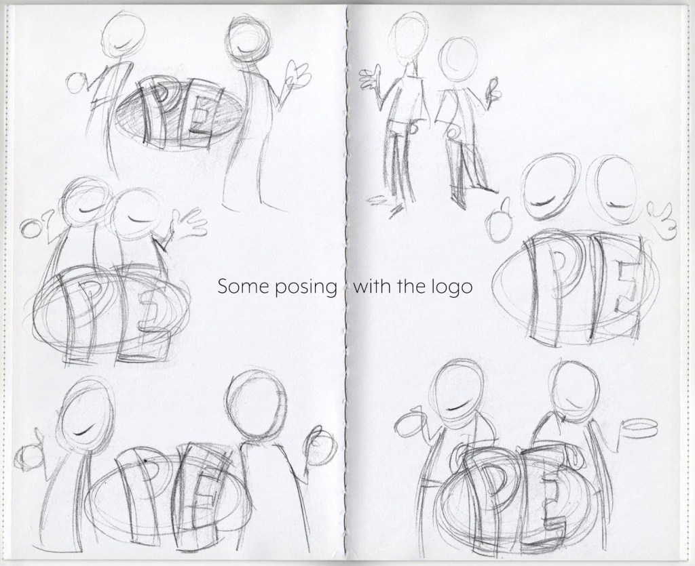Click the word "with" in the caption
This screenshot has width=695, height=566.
tap(371, 287)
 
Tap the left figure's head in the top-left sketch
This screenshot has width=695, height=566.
tap(123, 34)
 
